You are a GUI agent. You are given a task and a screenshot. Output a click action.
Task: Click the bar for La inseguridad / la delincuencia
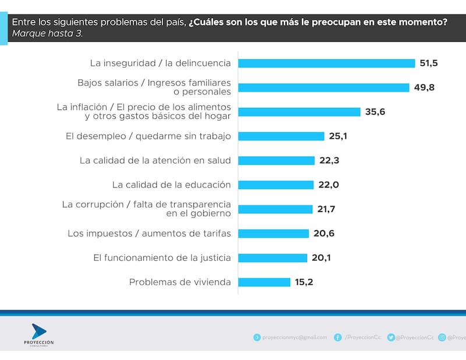tap(326, 63)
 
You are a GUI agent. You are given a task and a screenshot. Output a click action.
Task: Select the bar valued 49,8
tap(323, 87)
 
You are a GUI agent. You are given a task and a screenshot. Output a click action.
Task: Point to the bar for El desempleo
tap(281, 136)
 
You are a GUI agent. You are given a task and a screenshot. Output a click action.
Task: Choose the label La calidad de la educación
tap(171, 185)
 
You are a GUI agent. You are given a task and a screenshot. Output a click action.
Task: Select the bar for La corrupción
tap(276, 209)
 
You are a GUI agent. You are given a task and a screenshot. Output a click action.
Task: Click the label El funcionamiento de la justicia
tap(162, 257)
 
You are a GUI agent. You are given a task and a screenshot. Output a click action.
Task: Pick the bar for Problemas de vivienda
tap(264, 282)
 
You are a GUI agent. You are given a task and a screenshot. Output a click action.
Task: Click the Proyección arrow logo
tap(38, 331)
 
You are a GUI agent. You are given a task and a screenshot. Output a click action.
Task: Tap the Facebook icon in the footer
tap(338, 337)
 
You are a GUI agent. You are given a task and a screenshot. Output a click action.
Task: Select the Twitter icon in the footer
tap(391, 337)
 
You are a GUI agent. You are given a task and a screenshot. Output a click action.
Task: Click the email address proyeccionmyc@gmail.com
tap(295, 337)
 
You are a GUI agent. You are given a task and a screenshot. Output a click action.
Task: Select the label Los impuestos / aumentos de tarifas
tap(149, 234)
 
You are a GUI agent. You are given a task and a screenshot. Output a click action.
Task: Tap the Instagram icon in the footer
tap(442, 337)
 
